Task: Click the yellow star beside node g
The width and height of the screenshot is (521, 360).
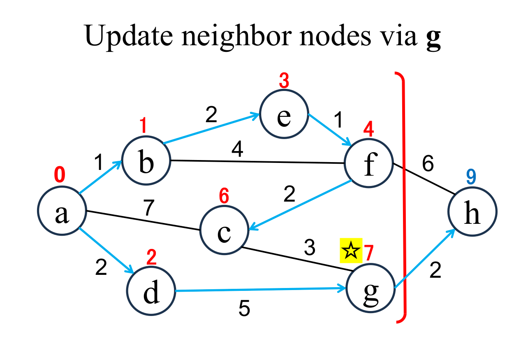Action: (351, 250)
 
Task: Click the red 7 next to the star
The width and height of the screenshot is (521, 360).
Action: (368, 252)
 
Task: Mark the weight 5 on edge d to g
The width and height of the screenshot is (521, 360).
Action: (244, 309)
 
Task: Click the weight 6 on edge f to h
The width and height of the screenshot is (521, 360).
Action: (428, 165)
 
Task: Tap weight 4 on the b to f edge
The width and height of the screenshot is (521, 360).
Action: (237, 149)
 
